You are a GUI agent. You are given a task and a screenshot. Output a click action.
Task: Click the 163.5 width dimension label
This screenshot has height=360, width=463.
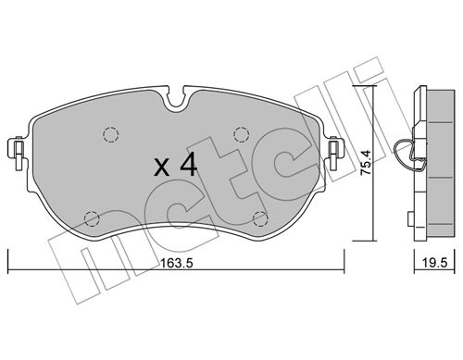click(177, 263)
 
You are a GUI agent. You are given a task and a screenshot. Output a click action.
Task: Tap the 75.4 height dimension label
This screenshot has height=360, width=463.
click(366, 163)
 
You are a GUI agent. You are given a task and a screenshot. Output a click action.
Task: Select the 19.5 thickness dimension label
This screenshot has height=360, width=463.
click(434, 263)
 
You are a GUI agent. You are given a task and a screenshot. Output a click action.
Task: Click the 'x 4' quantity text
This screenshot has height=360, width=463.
click(175, 165)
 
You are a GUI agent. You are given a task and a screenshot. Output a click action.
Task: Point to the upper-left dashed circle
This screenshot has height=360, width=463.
click(111, 134)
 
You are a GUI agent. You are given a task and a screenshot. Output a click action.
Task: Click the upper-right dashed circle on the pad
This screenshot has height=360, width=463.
click(242, 134)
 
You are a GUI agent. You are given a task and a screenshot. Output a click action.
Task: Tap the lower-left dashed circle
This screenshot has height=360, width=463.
click(92, 219)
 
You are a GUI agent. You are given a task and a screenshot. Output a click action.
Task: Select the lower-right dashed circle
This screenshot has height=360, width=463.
click(260, 219)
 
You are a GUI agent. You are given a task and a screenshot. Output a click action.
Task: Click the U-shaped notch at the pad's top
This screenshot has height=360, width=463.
click(176, 98)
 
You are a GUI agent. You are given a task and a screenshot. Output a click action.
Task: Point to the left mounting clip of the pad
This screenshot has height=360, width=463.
click(17, 152)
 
